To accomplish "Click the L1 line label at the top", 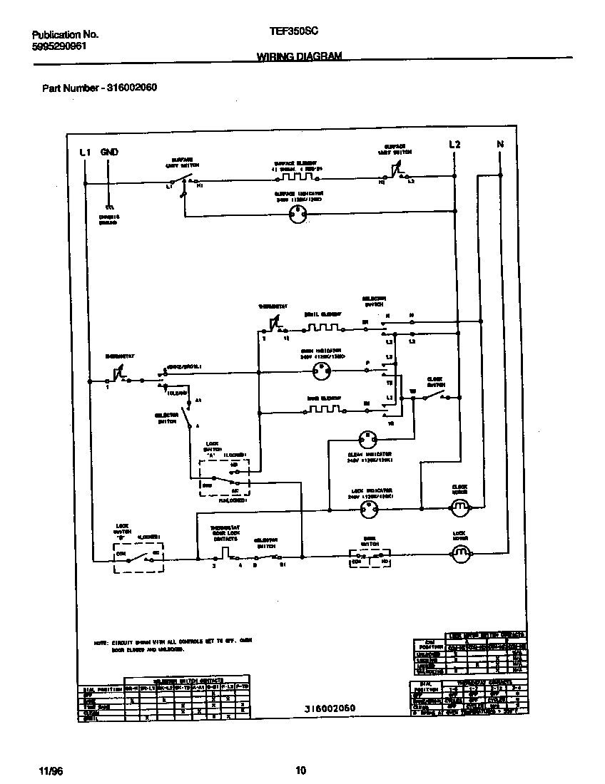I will click(x=85, y=152).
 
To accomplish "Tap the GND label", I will click(x=109, y=152).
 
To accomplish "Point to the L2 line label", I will click(x=454, y=145).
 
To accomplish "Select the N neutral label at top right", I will click(x=500, y=145).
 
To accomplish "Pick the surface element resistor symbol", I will click(x=298, y=175).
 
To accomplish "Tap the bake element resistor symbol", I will click(x=323, y=411).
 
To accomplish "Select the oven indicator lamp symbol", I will click(x=323, y=370).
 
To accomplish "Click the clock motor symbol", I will click(x=459, y=507).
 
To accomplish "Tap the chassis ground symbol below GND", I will click(x=108, y=205).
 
